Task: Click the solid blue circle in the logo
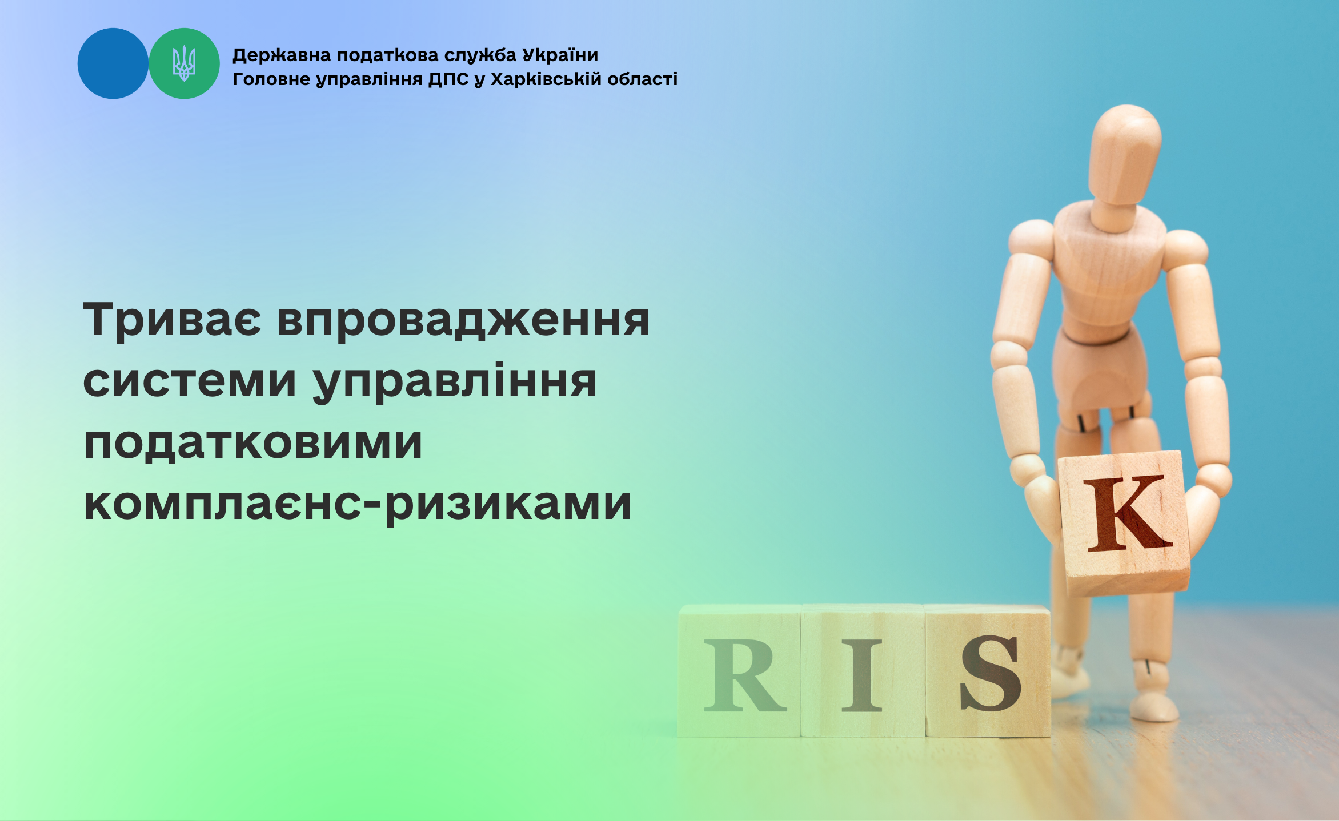click(113, 63)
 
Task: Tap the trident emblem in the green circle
click(184, 63)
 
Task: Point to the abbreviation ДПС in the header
click(448, 79)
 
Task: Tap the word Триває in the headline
click(172, 320)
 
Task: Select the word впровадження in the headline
click(463, 320)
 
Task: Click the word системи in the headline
click(190, 381)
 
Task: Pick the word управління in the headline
click(455, 381)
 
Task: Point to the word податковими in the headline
click(252, 443)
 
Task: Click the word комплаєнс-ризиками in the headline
click(357, 505)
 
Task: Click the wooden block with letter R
click(740, 671)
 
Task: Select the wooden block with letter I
click(863, 671)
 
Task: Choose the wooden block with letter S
click(988, 671)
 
